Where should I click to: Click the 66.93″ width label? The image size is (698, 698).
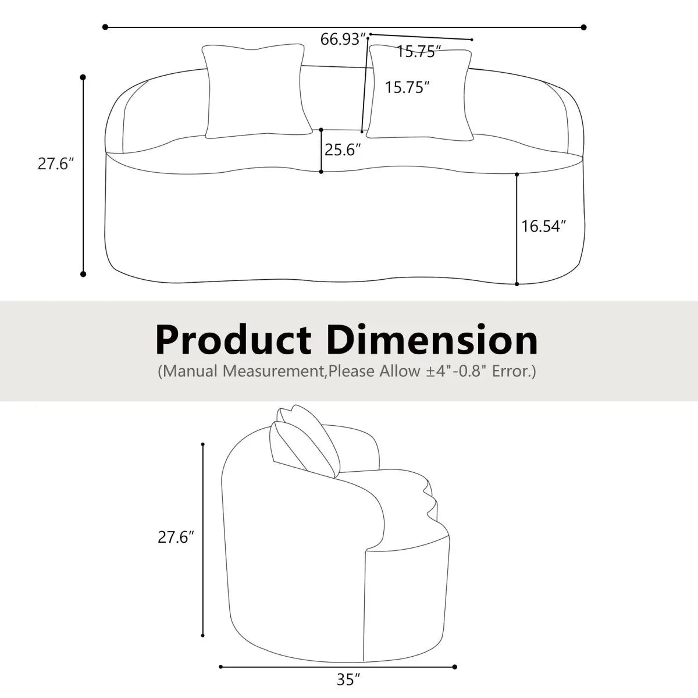tap(343, 40)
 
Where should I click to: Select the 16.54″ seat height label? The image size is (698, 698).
tap(543, 226)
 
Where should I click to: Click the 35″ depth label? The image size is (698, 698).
tap(348, 678)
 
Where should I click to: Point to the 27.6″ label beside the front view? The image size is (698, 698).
tap(57, 163)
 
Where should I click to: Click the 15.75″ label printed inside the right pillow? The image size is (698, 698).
tap(407, 88)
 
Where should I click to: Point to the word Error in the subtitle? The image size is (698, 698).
tap(512, 371)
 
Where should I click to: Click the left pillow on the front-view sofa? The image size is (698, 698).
tap(254, 91)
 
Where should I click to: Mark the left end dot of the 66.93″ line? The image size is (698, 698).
tap(105, 27)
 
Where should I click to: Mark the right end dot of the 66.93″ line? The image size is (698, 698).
tap(583, 27)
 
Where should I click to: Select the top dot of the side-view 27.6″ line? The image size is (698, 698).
tap(203, 445)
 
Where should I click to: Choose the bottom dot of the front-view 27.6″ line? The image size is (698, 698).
tap(83, 274)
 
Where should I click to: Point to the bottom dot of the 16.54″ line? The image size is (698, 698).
tap(517, 284)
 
